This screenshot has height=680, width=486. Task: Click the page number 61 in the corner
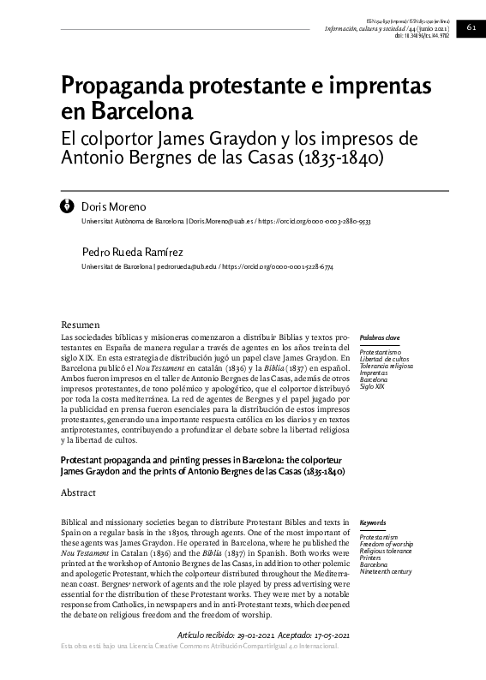click(471, 27)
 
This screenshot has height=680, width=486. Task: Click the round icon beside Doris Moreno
click(67, 206)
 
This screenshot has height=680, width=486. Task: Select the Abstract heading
click(79, 494)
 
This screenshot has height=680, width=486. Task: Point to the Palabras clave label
click(379, 338)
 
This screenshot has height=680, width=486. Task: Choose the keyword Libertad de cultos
click(385, 358)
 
